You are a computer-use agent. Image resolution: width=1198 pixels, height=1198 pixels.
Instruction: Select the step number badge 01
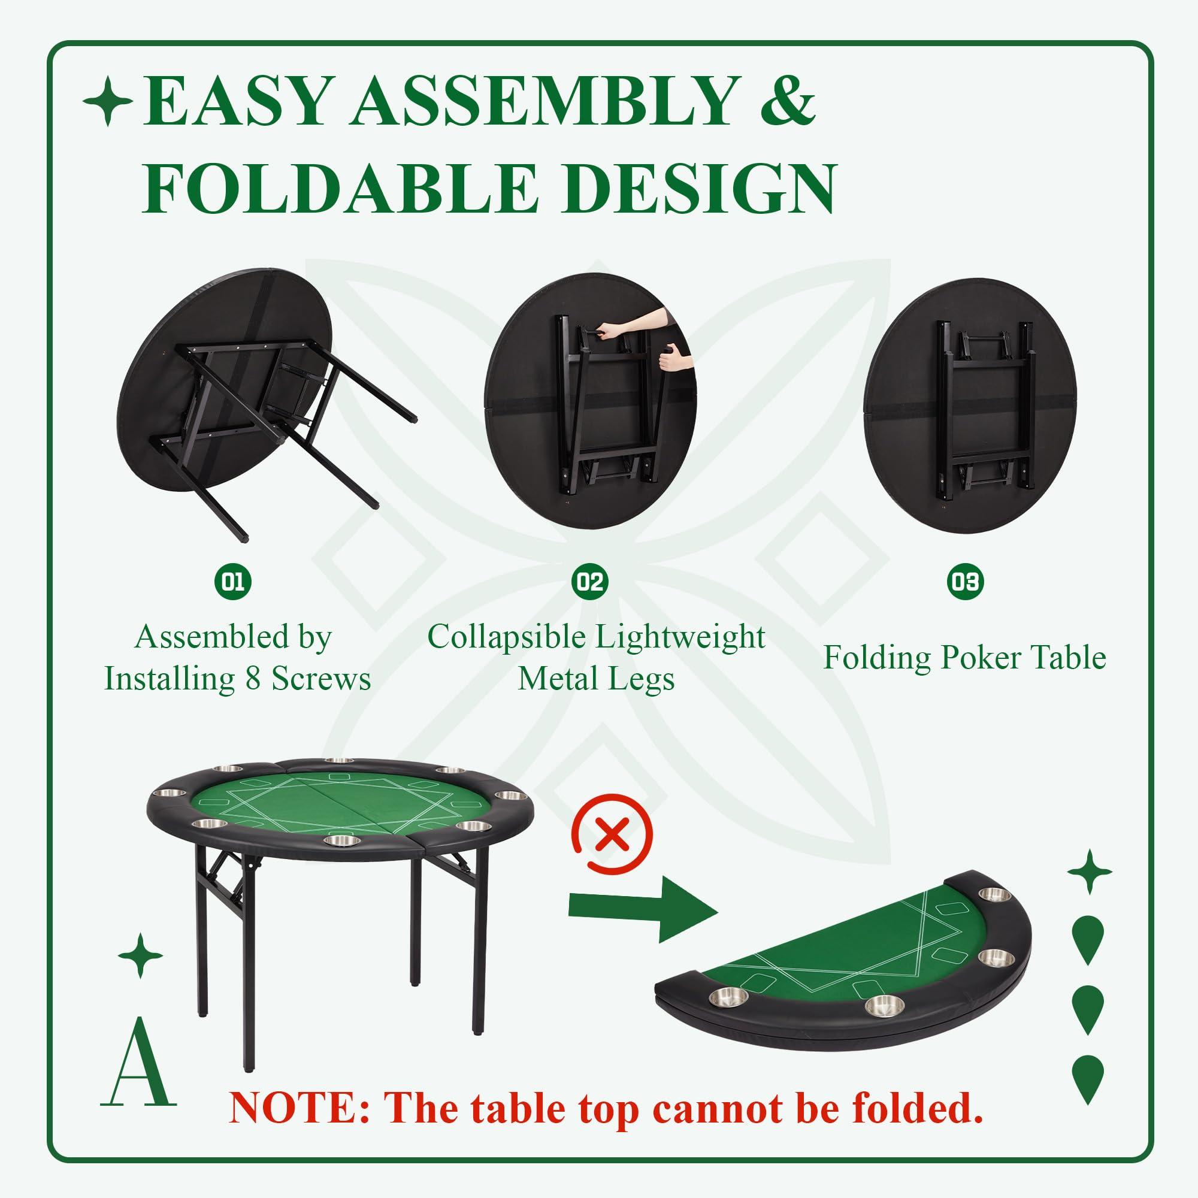[233, 582]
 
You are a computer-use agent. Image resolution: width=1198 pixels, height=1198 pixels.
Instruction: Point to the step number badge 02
[589, 582]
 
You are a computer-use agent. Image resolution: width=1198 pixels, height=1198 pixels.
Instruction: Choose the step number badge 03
[965, 582]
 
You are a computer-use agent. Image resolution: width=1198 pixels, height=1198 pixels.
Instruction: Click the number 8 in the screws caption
[252, 680]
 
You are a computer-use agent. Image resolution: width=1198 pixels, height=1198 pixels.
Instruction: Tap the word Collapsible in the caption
[506, 638]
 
